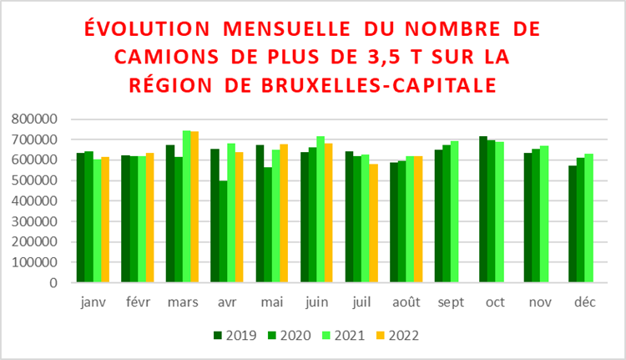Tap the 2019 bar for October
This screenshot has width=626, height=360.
coord(482,210)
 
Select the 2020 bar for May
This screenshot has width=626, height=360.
coord(268,225)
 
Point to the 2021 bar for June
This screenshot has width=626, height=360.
coord(321,210)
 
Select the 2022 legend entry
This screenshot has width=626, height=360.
coord(396,336)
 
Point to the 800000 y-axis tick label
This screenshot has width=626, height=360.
coord(35,119)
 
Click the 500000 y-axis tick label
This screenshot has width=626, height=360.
coord(35,180)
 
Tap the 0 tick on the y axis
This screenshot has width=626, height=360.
coord(53,282)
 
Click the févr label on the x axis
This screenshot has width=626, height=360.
coord(137,302)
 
